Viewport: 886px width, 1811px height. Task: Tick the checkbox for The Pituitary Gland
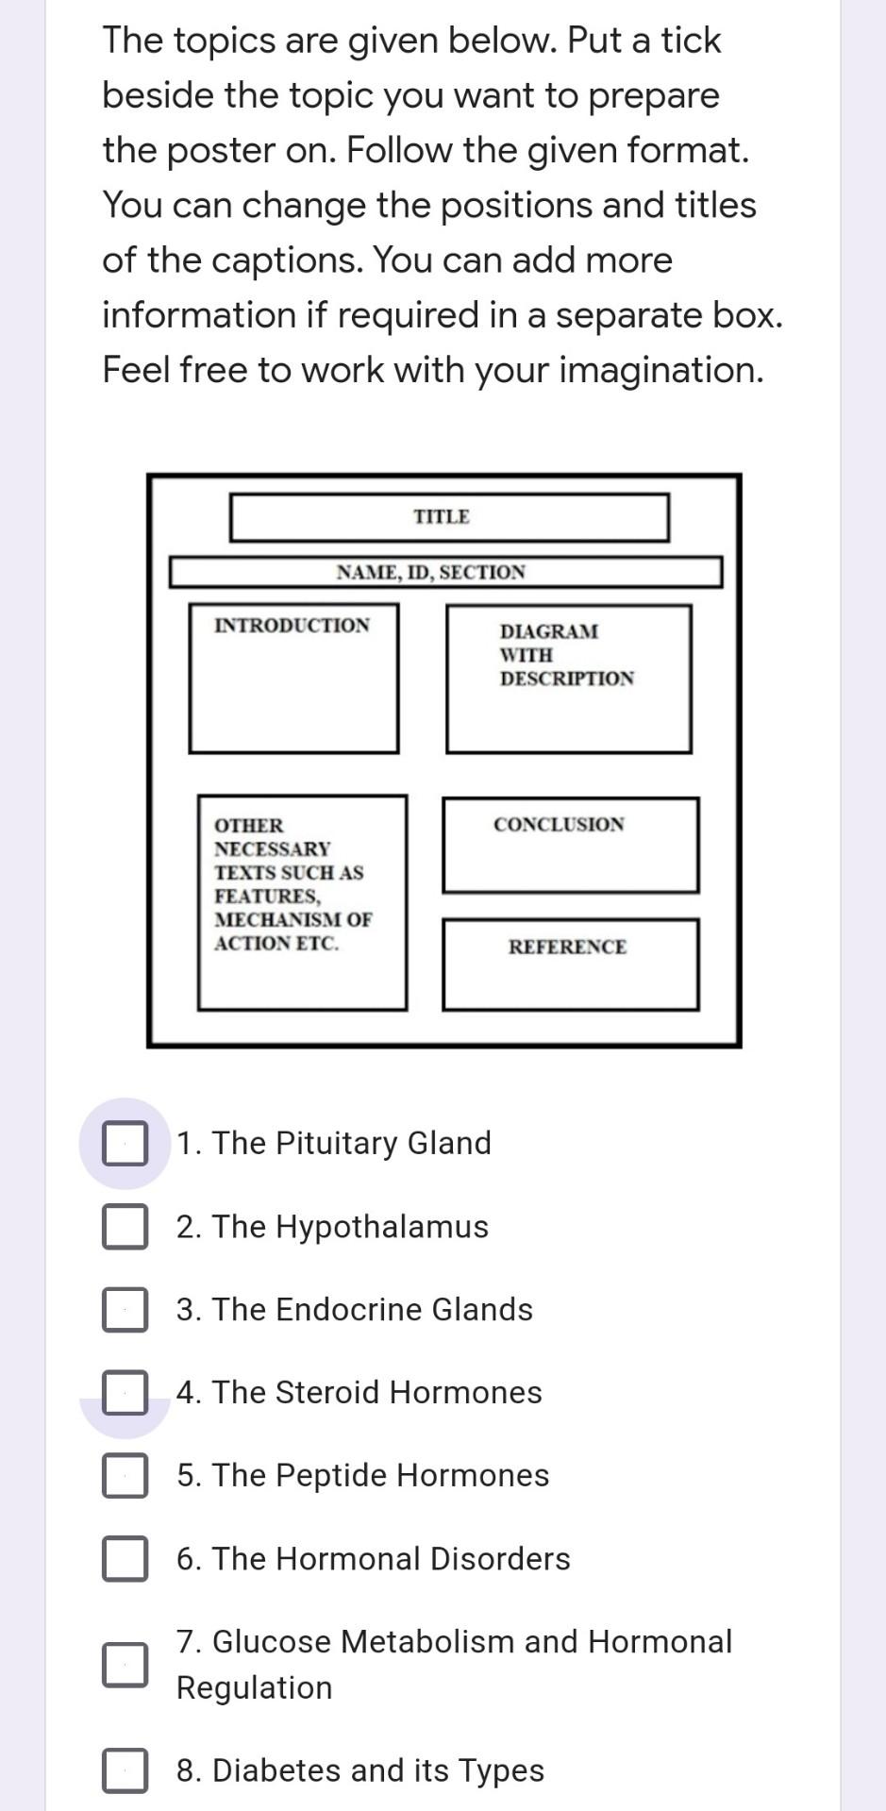(x=125, y=1143)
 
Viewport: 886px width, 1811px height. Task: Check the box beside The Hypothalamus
(x=125, y=1226)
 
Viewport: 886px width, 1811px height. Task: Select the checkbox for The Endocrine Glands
(x=125, y=1309)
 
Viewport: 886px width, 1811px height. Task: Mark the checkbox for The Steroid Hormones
(x=125, y=1392)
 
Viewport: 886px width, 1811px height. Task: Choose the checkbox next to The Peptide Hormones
(x=125, y=1475)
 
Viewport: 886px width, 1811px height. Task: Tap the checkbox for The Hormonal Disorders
(x=125, y=1558)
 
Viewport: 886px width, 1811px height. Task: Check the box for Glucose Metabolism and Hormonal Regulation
(x=125, y=1664)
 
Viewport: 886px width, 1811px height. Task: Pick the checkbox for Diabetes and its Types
(x=125, y=1769)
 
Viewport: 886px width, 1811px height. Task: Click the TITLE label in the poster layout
(x=442, y=517)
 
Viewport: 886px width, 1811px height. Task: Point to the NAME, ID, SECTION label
(x=431, y=572)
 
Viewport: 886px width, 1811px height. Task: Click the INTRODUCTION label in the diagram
(x=292, y=626)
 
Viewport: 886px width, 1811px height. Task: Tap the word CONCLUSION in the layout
(x=559, y=825)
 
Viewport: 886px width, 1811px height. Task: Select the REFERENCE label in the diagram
(x=567, y=947)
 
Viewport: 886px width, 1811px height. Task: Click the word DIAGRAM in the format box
(x=548, y=631)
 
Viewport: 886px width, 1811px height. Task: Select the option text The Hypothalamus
(x=332, y=1227)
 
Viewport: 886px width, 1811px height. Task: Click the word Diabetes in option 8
(x=276, y=1770)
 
